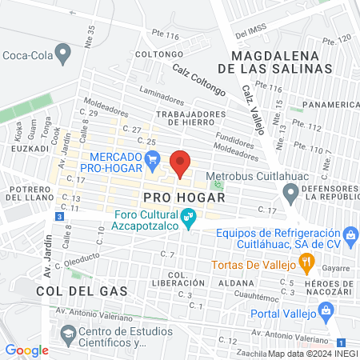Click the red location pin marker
point(181,163)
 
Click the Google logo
point(26,350)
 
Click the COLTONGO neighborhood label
point(154,54)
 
